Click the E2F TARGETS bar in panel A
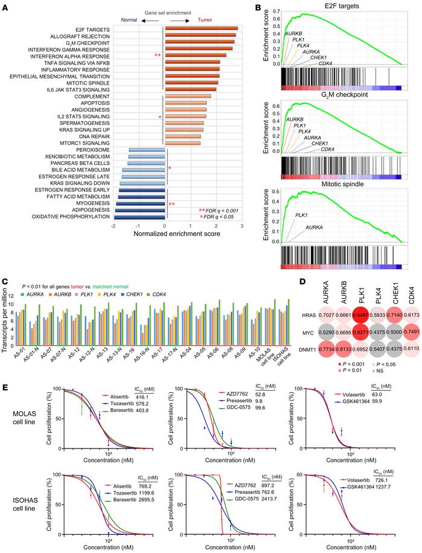[x=201, y=28]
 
